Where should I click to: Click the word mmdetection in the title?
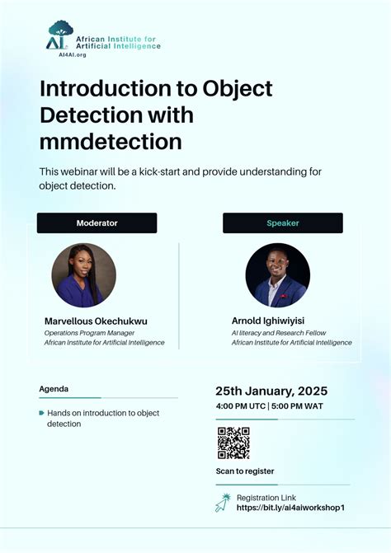pos(111,142)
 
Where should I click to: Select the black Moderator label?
pos(97,223)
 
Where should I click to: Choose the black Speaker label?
pos(282,223)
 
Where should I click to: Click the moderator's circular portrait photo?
pos(84,275)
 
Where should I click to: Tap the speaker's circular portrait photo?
pos(278,275)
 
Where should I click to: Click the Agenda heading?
pos(54,388)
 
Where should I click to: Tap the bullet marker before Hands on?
pos(41,413)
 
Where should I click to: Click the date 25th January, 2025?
pos(271,391)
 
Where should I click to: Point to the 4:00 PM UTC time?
pos(239,406)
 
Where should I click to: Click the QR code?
pos(233,443)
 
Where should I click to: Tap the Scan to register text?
pos(245,471)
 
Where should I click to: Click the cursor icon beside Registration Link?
pos(223,502)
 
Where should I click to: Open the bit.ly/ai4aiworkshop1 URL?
pos(290,508)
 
